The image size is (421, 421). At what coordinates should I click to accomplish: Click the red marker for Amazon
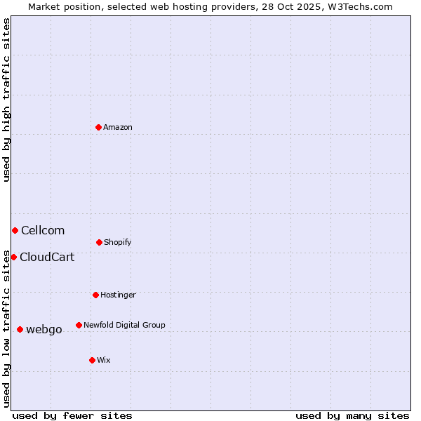click(98, 127)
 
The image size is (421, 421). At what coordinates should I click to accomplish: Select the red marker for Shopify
click(99, 242)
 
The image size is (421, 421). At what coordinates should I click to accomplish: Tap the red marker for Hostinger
click(95, 295)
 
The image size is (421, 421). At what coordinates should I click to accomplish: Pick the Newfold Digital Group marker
click(79, 325)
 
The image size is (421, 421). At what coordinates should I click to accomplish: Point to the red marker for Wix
click(92, 360)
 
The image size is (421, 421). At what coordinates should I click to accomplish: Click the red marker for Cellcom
click(15, 230)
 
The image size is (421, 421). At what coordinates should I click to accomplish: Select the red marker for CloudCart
click(13, 257)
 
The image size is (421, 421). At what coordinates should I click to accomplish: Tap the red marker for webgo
click(20, 329)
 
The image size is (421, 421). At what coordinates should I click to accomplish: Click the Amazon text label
click(118, 127)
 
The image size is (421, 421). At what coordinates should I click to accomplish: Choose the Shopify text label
click(118, 242)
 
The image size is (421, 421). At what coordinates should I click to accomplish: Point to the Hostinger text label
click(118, 295)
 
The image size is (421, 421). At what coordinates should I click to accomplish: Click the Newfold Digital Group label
click(124, 325)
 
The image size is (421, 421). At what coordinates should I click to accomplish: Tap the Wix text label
click(104, 360)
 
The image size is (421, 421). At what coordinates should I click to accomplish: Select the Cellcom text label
click(43, 230)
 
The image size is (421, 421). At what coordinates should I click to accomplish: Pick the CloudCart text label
click(47, 257)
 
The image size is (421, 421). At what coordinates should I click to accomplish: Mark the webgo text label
click(44, 329)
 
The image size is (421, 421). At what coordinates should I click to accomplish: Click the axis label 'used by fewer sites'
click(72, 415)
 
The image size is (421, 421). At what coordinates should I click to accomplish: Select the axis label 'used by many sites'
click(352, 415)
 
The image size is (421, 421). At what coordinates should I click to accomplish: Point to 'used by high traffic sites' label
click(6, 100)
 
